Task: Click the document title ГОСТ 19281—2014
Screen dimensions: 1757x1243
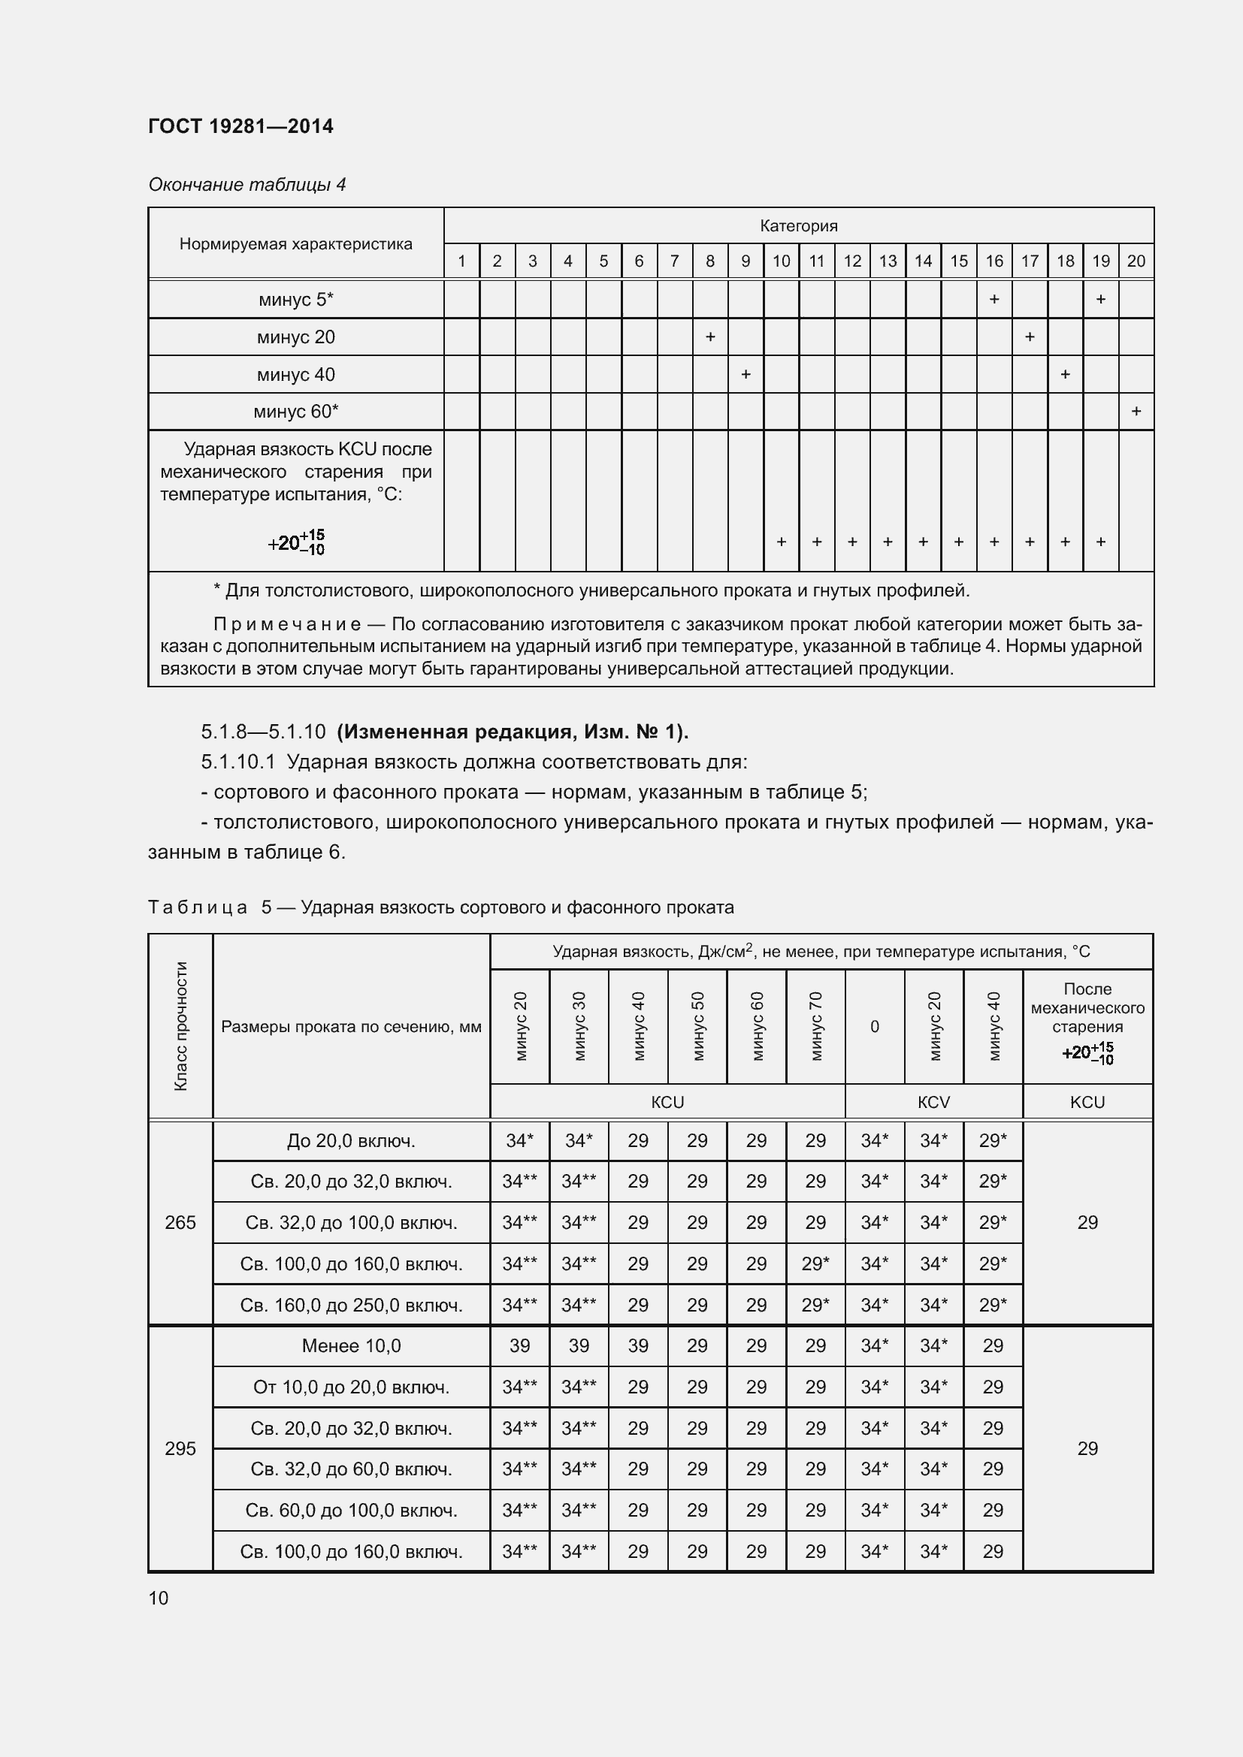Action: [240, 126]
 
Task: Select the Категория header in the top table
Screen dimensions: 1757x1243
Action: [798, 226]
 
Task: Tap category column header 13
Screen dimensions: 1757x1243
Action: [887, 261]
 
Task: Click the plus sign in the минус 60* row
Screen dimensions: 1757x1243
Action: [1136, 412]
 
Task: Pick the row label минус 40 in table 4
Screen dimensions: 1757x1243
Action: [295, 375]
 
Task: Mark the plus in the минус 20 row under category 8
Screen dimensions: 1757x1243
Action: [709, 337]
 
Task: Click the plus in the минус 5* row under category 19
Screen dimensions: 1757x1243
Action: [1100, 299]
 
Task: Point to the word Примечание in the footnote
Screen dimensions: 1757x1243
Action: [287, 623]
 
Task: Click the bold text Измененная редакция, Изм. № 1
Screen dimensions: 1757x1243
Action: [512, 732]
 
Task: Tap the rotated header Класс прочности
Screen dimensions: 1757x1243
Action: [180, 1025]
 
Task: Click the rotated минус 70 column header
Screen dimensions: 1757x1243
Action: [816, 1025]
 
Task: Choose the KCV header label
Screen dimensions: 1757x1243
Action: [933, 1102]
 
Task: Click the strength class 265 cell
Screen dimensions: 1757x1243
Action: [180, 1222]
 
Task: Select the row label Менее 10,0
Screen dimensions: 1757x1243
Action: [351, 1345]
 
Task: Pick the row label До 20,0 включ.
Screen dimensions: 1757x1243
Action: [351, 1141]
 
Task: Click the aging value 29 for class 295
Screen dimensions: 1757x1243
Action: [1087, 1448]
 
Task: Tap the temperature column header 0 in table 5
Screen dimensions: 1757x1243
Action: [874, 1026]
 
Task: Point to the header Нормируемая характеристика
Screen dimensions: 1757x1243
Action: [295, 243]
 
